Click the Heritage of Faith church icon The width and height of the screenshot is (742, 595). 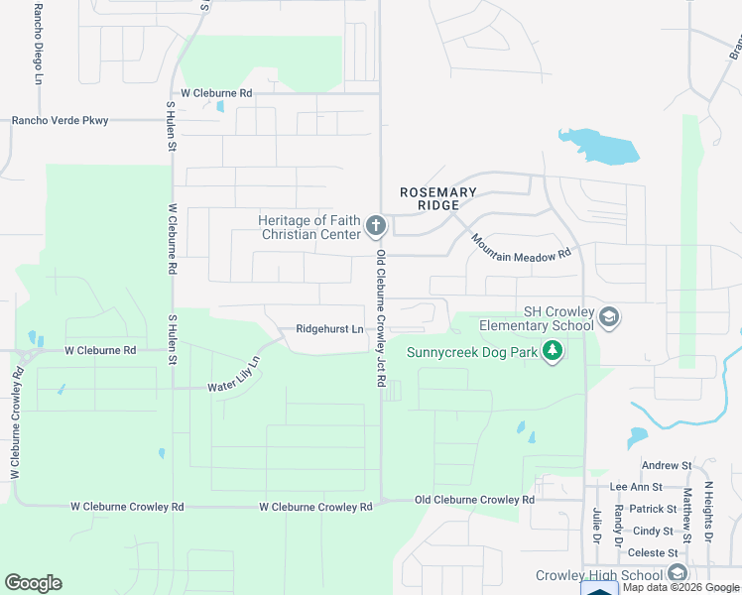coord(375,227)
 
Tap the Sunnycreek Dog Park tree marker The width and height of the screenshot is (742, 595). coord(554,351)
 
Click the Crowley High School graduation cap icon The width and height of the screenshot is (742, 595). coord(677,574)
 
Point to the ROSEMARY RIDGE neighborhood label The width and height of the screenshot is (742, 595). coord(437,198)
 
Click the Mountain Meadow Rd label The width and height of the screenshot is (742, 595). coord(522,248)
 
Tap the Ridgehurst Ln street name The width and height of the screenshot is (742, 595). coord(329,329)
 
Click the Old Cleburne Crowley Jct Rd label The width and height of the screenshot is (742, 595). coord(380,317)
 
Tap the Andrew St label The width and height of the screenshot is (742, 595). coord(666,465)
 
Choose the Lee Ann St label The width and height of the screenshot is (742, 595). coord(636,487)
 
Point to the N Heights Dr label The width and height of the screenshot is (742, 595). coord(708,512)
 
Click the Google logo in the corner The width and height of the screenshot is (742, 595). coord(33,583)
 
